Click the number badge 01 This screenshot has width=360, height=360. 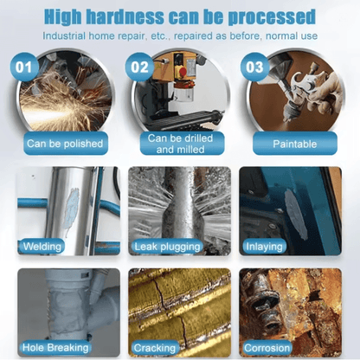[x=24, y=67]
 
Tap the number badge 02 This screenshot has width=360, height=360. [x=139, y=67]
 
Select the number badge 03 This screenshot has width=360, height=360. [x=254, y=67]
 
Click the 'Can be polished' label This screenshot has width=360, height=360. [x=65, y=144]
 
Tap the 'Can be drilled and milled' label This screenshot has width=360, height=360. [x=181, y=144]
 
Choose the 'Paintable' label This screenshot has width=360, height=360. [x=295, y=144]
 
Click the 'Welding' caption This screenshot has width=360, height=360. [x=42, y=247]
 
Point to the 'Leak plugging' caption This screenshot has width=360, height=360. [x=167, y=247]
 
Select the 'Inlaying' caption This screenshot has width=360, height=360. [x=264, y=247]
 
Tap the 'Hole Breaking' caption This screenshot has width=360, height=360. [x=55, y=348]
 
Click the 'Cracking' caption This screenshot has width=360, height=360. [x=154, y=348]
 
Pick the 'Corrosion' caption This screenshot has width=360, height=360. [x=267, y=348]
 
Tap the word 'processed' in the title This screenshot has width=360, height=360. [x=272, y=17]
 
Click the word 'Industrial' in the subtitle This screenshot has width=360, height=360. [x=64, y=36]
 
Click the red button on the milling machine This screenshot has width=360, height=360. [x=183, y=71]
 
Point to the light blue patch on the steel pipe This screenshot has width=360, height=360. [x=72, y=208]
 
